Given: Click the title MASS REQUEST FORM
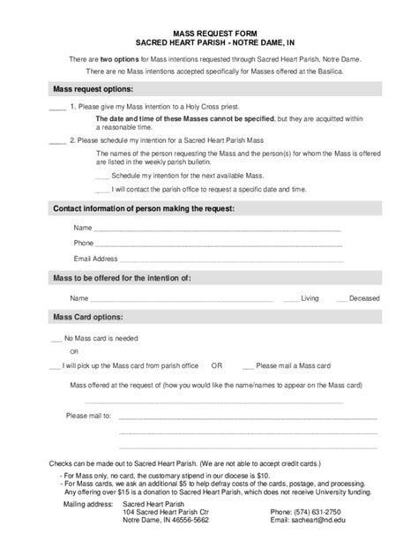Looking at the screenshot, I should pos(208,31).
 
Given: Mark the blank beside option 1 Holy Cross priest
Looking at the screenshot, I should pos(57,106).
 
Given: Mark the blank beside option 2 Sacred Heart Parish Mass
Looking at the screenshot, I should pos(57,140).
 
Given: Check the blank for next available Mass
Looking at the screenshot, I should pos(102,176).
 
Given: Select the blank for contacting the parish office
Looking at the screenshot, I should pos(102,189).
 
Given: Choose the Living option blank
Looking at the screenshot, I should pos(291,298).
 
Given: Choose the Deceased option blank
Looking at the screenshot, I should pos(340,298).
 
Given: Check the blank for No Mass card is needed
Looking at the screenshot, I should pos(56,338).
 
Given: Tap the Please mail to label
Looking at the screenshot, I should pos(89,415).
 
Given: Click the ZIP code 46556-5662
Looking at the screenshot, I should pos(188,521).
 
